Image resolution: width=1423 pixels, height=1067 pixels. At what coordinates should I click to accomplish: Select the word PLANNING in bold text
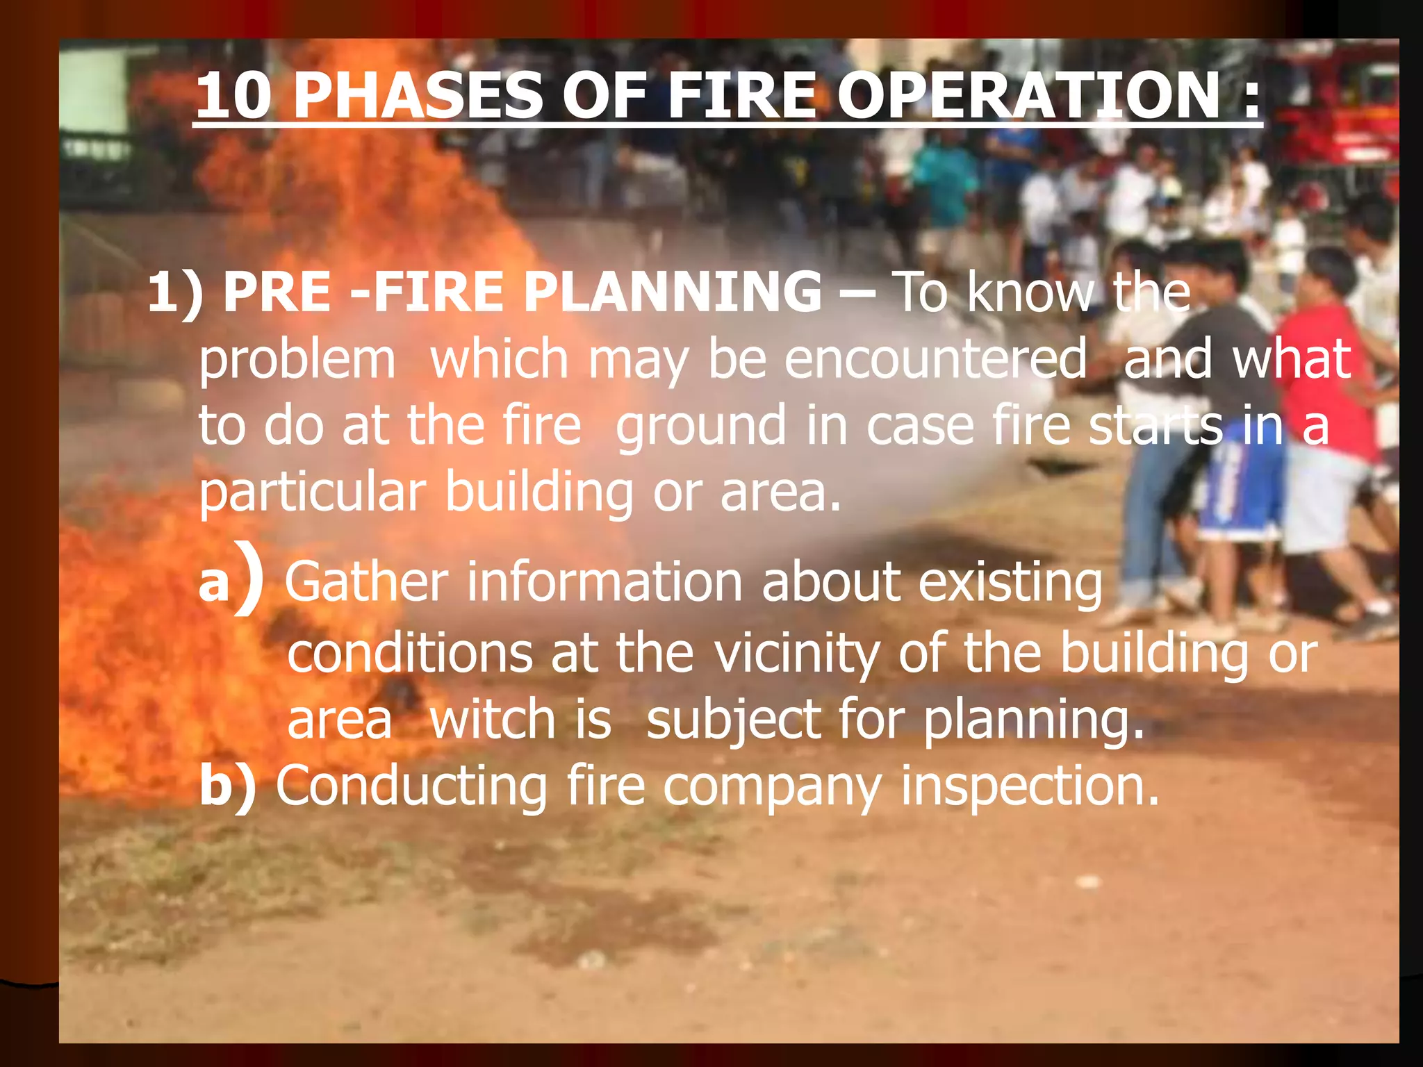673,292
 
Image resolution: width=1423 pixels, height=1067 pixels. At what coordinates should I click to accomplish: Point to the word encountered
935,359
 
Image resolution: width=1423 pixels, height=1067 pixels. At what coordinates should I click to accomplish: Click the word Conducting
412,786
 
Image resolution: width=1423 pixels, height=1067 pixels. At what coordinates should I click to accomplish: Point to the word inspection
1030,786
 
